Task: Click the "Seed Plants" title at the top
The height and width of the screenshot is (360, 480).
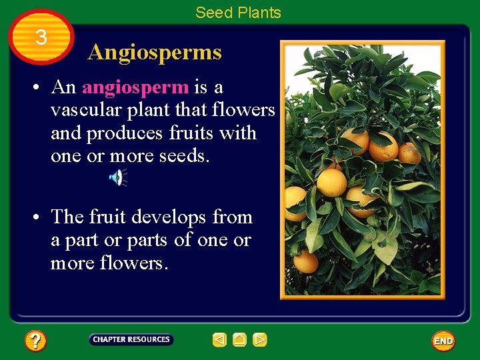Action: click(x=238, y=13)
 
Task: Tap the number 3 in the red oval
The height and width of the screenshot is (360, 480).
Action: click(x=41, y=37)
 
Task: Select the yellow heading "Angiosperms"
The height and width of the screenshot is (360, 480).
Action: click(x=155, y=52)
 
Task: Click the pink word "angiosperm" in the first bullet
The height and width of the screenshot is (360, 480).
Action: click(x=135, y=87)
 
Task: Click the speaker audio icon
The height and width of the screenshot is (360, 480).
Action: click(x=117, y=177)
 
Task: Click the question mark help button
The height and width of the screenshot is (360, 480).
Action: click(x=35, y=341)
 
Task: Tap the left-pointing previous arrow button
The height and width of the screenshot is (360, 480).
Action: click(x=220, y=340)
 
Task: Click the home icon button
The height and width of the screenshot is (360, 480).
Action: click(x=240, y=340)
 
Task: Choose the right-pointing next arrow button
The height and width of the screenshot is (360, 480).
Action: click(x=260, y=340)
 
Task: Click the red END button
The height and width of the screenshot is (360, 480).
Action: click(x=443, y=341)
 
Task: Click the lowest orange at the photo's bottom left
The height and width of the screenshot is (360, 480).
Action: click(x=305, y=262)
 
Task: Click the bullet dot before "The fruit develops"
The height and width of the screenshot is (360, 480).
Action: click(x=39, y=218)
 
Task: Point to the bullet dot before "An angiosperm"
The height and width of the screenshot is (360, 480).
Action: click(x=39, y=88)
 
